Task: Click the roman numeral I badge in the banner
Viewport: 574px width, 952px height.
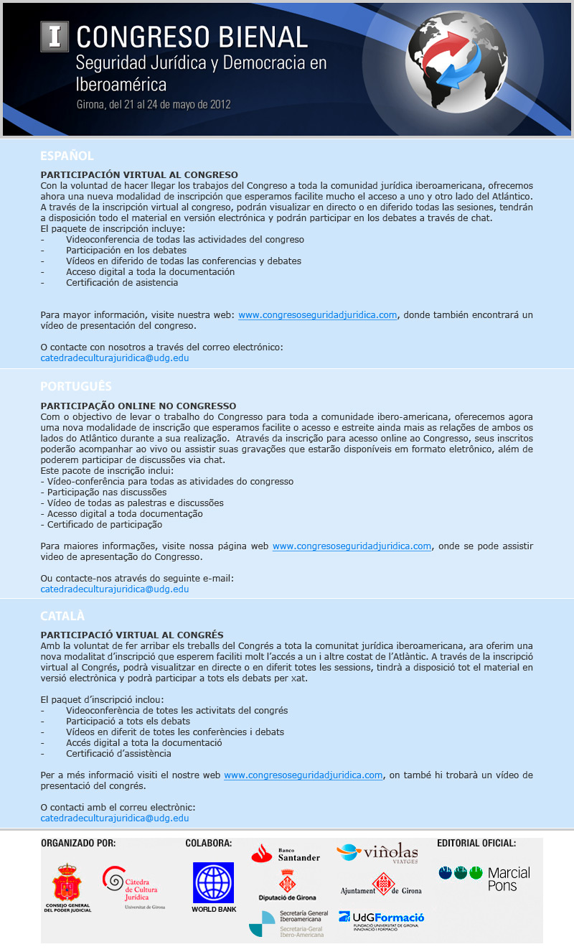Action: pos(54,37)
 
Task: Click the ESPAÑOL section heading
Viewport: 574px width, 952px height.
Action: pos(67,155)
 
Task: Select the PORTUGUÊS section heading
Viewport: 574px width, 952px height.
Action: pos(76,386)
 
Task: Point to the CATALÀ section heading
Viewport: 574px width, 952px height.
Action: pos(62,616)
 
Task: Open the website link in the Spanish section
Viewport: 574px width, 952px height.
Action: pos(318,314)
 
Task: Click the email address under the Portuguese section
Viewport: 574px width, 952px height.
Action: pos(115,589)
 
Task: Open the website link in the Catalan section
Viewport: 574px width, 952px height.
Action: pos(304,775)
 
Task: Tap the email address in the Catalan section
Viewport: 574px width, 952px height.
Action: pos(115,818)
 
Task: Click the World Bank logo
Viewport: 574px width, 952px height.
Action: pos(213,887)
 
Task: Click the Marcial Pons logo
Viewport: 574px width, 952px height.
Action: pos(484,877)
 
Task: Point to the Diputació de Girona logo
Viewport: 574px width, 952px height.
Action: pos(287,885)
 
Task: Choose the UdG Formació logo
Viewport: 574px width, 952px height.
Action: pos(381,920)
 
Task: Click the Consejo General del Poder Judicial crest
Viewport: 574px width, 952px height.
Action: pos(67,887)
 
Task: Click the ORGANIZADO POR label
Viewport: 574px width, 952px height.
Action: pos(78,843)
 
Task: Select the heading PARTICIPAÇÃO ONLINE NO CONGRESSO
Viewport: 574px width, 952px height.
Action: pos(138,406)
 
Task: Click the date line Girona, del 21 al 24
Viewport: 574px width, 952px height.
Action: pos(154,103)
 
